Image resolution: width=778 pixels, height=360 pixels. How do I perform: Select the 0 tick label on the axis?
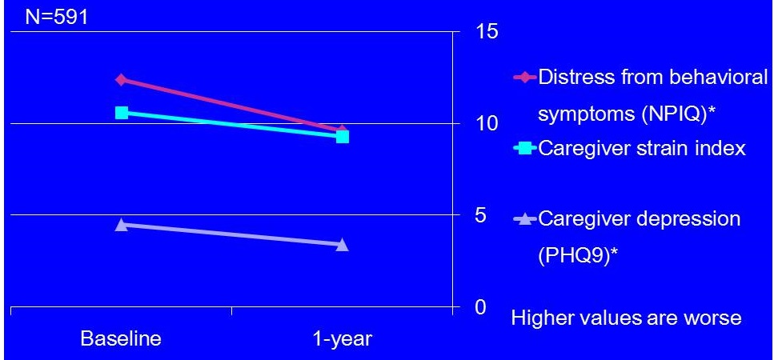point(482,307)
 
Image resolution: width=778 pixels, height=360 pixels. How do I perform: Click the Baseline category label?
point(121,338)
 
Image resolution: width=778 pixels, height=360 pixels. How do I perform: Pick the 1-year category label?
point(342,338)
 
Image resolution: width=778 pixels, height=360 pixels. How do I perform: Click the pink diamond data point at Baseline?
point(121,79)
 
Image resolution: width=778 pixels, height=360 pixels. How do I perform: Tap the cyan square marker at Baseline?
point(122,113)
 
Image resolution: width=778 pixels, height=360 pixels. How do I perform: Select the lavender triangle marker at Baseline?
point(121,225)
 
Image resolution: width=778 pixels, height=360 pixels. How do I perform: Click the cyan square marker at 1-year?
point(343,137)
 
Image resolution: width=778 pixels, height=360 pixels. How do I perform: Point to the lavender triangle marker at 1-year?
point(343,244)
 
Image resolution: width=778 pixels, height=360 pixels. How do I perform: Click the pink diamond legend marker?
point(525,78)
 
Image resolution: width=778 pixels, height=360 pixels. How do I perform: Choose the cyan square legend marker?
point(525,148)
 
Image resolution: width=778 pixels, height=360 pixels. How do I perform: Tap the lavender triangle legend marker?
point(525,218)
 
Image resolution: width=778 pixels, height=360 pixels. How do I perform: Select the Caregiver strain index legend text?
point(642,148)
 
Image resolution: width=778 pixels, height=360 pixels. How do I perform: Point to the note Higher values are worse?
point(626,318)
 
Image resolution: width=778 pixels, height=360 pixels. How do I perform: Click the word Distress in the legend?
point(578,78)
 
